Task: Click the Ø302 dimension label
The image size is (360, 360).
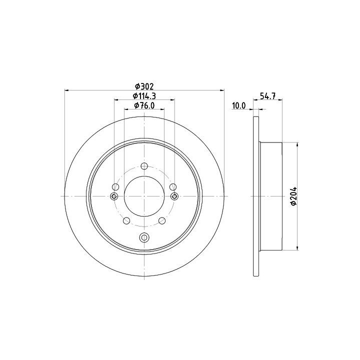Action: pos(144,86)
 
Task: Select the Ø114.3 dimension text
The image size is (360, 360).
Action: pos(144,95)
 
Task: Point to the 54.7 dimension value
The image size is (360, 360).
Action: pos(267,95)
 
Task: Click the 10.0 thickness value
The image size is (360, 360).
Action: pos(239,105)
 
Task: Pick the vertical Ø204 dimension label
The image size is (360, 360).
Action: pos(293,196)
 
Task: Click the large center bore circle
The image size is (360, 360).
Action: pos(144,176)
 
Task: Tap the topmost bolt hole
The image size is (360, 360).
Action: pos(144,166)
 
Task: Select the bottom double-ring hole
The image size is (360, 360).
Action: pos(144,237)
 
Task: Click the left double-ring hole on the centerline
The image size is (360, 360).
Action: pos(114,196)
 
